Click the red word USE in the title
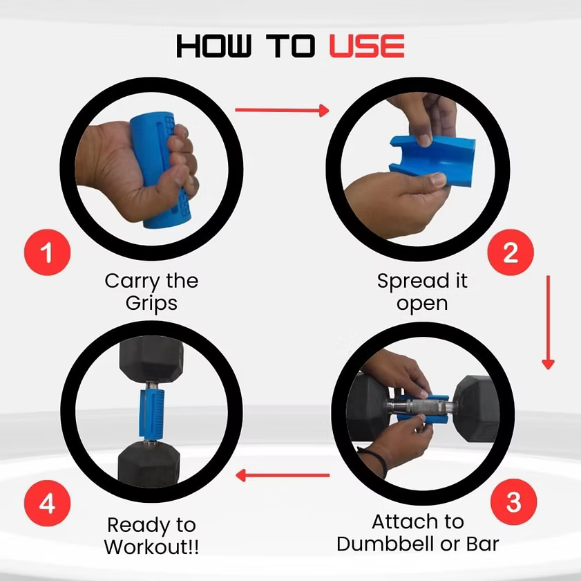point(366,46)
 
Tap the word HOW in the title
point(213,46)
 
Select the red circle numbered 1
point(47,252)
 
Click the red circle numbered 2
point(511,252)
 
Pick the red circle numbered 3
point(513,502)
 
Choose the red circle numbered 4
point(47,504)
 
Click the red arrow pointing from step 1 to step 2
point(282,110)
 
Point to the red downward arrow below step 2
point(548,322)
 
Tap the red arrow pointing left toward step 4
point(283,475)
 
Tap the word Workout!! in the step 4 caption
point(151,547)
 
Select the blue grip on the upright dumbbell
point(151,412)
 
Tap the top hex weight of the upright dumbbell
point(151,359)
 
